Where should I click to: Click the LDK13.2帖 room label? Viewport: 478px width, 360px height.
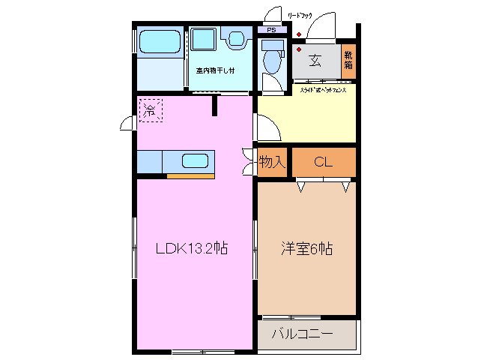click(191, 249)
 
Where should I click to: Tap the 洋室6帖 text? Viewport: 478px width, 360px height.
click(306, 249)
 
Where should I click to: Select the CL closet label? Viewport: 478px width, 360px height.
click(323, 161)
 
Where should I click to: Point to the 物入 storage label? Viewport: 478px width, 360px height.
click(271, 161)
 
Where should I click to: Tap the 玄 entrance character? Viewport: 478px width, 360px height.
click(315, 61)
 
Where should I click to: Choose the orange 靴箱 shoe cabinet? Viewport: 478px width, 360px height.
click(348, 60)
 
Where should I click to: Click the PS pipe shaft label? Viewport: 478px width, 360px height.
click(271, 30)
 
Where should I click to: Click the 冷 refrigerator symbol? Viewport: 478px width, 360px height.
click(149, 110)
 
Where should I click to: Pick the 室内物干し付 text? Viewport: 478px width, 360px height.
click(215, 70)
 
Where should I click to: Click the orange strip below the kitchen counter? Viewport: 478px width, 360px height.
click(190, 176)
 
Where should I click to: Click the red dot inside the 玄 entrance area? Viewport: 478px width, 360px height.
click(299, 49)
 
